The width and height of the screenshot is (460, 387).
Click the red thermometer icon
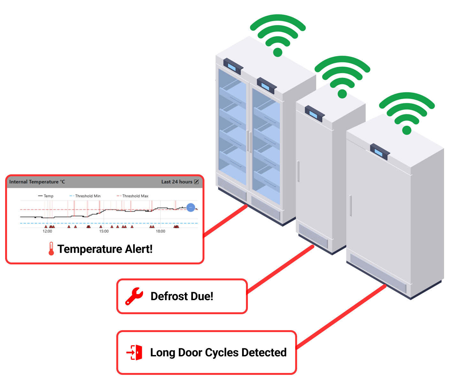[x=51, y=249]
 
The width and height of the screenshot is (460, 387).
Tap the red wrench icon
[x=134, y=296]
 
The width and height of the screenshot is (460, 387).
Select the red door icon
[x=134, y=353]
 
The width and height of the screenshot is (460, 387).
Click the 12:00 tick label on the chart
[x=47, y=231]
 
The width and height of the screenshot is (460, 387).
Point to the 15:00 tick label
[x=104, y=231]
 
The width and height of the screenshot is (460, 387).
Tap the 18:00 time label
[x=160, y=231]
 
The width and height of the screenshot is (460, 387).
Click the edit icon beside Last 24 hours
[x=196, y=182]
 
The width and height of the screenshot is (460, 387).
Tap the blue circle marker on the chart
[x=191, y=207]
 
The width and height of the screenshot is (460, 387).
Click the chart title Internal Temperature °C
[x=37, y=182]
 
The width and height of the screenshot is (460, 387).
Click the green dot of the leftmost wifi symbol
[x=278, y=52]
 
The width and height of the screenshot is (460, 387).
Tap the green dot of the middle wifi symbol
[x=342, y=94]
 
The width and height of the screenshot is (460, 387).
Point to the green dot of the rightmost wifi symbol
[x=407, y=130]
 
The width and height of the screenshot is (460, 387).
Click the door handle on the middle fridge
[x=298, y=171]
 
